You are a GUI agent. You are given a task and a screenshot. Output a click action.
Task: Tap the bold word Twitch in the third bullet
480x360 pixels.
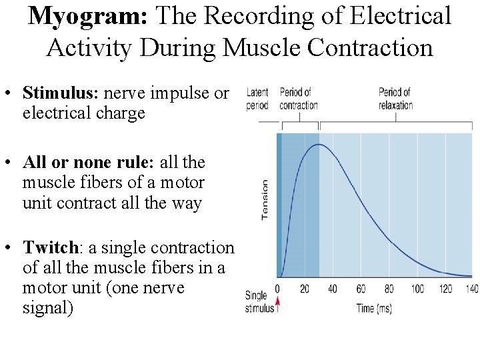pos(51,248)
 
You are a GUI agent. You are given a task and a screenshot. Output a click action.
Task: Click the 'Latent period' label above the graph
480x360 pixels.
pos(257,98)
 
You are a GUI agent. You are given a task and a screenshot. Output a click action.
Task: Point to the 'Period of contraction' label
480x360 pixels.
pos(298,98)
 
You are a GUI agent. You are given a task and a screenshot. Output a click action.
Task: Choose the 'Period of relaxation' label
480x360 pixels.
pos(395,98)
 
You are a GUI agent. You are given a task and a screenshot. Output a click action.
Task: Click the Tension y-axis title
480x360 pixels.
pos(265,199)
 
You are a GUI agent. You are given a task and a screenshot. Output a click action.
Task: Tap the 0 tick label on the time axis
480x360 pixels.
pos(277,289)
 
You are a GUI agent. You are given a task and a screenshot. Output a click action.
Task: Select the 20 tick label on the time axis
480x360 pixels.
pos(305,289)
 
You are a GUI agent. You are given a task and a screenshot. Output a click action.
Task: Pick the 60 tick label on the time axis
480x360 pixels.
pos(361,289)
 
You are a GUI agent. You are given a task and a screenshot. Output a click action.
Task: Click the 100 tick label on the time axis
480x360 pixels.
pos(417,289)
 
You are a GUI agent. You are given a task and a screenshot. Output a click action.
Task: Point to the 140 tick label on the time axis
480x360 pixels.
pos(471,289)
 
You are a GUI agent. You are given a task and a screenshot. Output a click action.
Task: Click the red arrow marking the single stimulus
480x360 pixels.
pos(278,306)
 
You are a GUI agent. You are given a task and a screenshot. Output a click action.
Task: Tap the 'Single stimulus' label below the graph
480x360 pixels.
pos(259,301)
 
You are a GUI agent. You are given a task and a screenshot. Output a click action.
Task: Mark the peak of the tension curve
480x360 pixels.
pos(319,145)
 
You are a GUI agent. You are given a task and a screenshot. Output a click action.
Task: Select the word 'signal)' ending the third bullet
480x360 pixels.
pos(47,309)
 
